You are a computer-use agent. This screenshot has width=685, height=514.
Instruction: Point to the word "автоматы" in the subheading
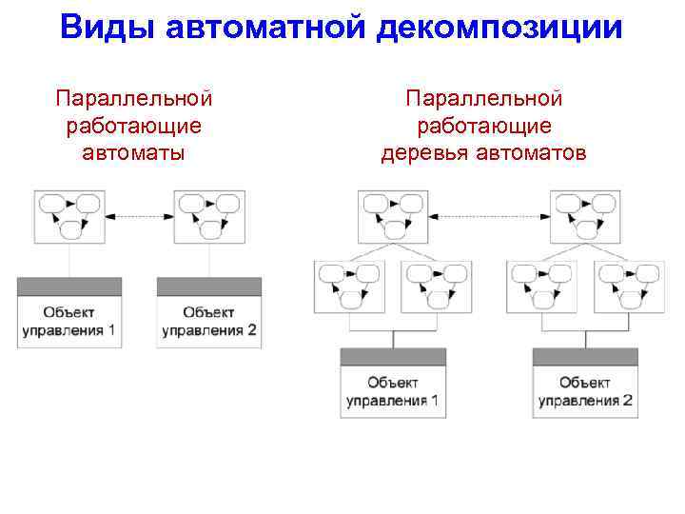tap(134, 152)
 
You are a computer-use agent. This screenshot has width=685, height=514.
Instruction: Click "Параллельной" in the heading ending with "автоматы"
tap(134, 99)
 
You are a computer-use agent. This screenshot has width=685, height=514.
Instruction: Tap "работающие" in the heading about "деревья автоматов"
tap(484, 126)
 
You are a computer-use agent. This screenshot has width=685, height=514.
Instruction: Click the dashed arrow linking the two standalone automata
tap(138, 218)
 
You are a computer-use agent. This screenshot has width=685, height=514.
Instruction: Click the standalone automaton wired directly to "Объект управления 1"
tap(68, 217)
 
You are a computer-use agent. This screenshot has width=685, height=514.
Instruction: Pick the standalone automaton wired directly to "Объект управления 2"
tap(207, 217)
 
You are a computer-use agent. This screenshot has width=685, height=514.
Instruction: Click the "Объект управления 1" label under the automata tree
tap(393, 391)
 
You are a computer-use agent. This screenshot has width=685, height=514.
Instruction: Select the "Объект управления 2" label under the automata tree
tap(584, 391)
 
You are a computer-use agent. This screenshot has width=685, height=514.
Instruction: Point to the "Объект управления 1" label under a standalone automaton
tap(69, 322)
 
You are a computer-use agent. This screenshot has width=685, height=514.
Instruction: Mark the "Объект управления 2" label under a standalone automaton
tap(208, 322)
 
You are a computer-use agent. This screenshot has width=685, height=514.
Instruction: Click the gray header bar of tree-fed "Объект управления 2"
tap(584, 357)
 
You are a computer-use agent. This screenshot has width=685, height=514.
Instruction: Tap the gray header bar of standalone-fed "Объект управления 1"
tap(69, 287)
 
